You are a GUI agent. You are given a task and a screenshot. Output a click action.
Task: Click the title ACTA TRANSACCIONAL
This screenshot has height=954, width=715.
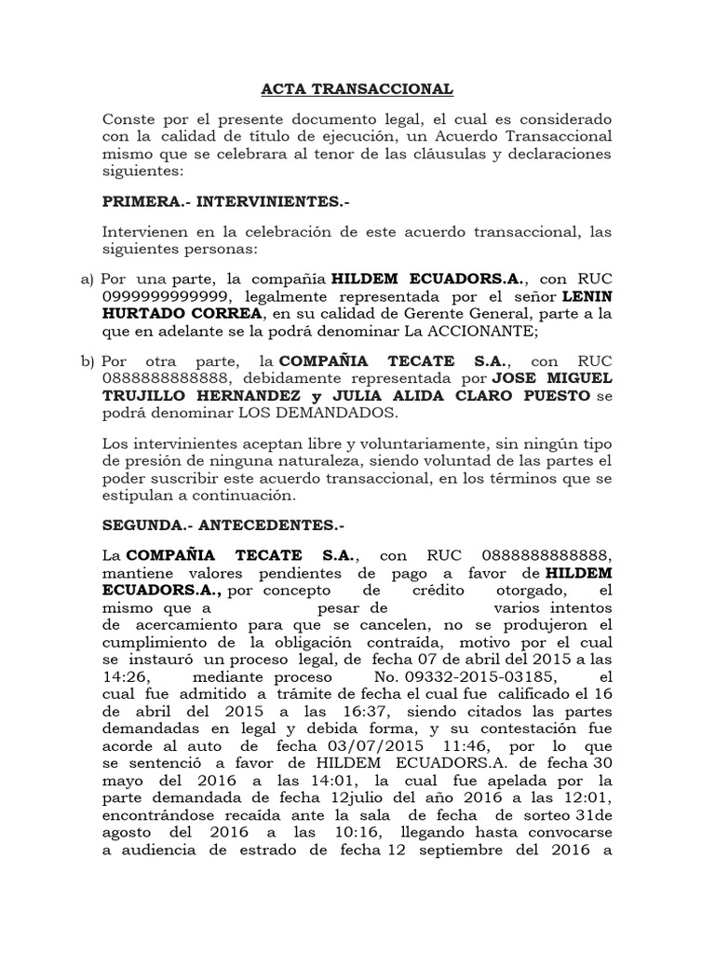point(355,89)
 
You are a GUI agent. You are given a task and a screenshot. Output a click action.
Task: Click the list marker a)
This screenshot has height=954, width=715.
point(88,279)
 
